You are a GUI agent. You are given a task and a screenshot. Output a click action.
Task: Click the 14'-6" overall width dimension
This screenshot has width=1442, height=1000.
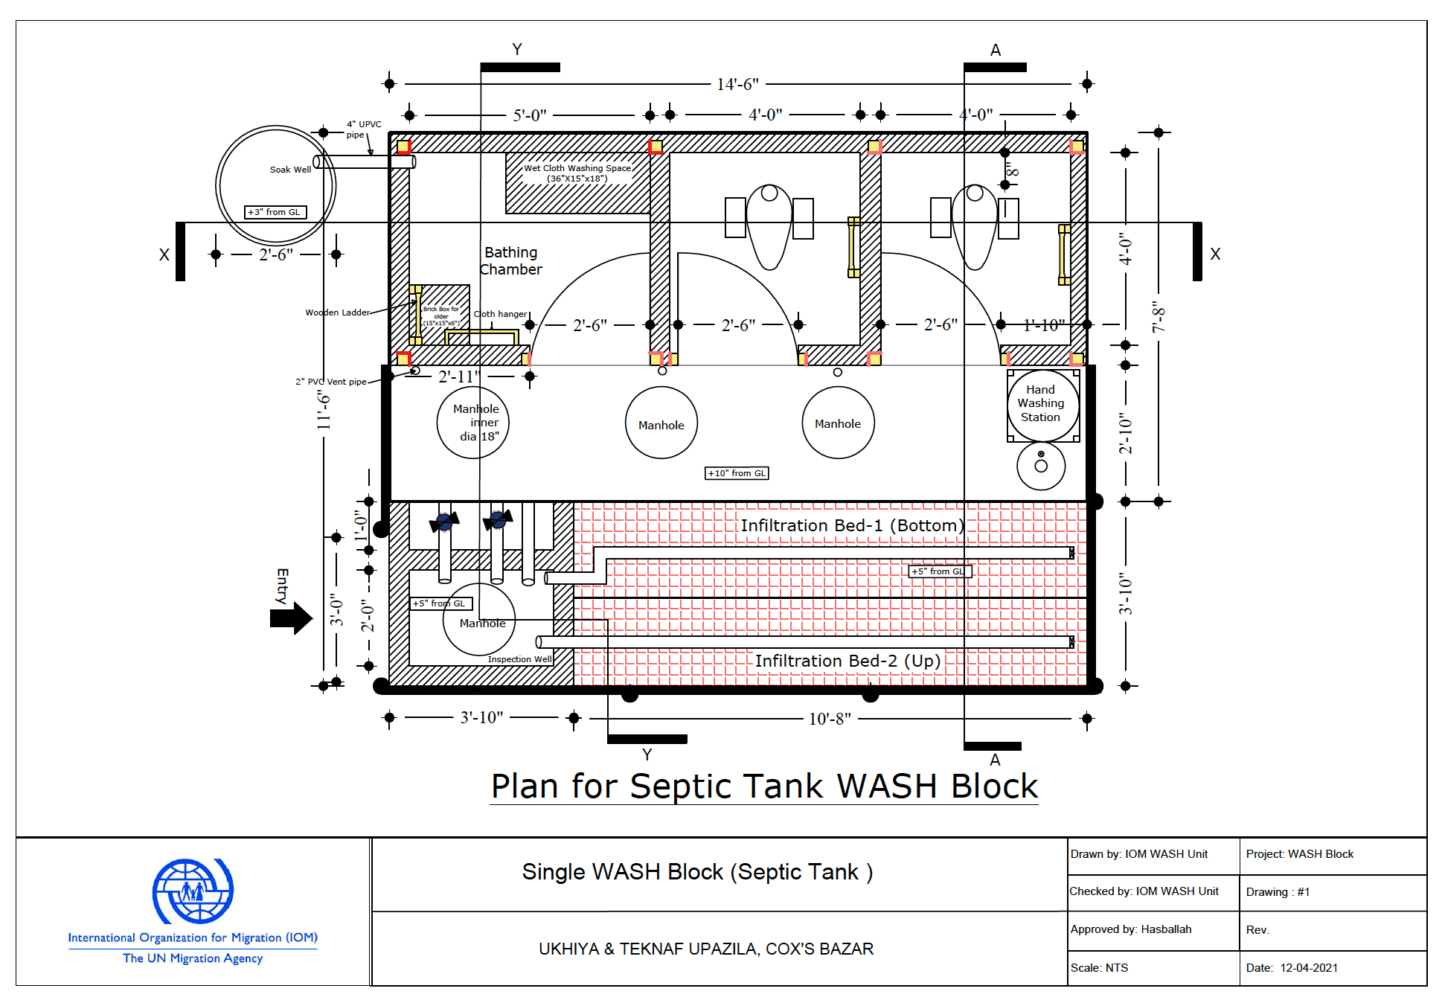737,84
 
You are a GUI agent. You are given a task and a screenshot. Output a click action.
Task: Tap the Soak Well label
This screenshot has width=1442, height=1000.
290,170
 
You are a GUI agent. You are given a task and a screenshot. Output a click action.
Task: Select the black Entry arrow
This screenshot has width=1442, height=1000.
291,618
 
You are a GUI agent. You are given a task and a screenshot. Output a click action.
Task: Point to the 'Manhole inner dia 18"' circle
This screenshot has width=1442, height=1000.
473,423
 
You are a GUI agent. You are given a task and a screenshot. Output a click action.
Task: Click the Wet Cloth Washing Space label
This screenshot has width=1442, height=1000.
577,173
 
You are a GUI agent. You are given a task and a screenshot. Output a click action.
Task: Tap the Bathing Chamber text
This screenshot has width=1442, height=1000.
510,261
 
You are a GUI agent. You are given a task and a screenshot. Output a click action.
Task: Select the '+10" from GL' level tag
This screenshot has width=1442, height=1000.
737,473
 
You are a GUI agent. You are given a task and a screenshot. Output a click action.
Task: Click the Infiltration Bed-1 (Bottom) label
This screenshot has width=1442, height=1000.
851,525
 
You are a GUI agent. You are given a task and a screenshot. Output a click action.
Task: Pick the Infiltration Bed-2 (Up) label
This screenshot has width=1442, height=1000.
847,661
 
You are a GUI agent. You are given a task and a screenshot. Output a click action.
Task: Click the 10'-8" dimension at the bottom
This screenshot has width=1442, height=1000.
830,719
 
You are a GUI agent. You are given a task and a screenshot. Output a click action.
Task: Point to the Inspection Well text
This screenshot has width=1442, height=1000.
519,659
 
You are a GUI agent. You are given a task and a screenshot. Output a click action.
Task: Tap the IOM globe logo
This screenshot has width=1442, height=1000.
193,891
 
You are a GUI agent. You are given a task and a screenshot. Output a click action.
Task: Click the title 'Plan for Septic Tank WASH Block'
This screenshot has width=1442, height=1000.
764,786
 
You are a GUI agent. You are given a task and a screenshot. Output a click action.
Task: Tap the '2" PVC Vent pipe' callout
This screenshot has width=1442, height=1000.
330,382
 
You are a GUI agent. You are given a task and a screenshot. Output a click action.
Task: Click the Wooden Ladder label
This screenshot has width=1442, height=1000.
337,312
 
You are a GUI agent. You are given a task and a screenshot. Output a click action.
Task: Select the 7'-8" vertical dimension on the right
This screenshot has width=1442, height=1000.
1158,316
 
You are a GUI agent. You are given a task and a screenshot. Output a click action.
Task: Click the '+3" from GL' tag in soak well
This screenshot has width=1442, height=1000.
275,212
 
